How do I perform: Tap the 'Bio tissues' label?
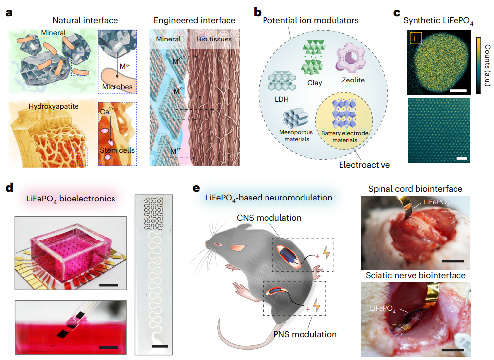(x=214, y=39)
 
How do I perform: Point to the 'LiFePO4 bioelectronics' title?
(x=70, y=198)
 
